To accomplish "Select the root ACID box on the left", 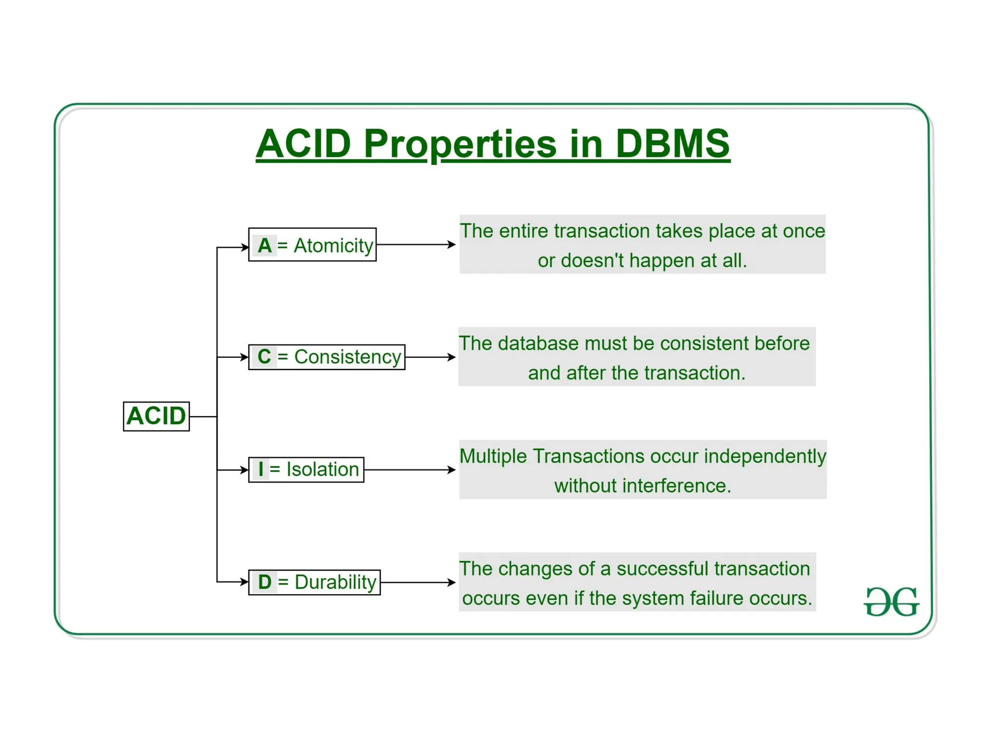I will pos(156,416).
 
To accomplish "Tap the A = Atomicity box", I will pos(312,245).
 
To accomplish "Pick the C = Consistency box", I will pos(326,357).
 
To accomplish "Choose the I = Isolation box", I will pos(306,470).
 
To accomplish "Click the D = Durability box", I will pos(314,582).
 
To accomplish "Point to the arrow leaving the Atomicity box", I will pos(416,245).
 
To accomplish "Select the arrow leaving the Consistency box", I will pos(430,357).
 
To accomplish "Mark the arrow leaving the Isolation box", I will pos(410,470).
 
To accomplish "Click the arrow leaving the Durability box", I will pos(418,582).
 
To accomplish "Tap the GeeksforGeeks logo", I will pos(891,601).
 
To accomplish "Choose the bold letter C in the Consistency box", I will pos(264,357).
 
